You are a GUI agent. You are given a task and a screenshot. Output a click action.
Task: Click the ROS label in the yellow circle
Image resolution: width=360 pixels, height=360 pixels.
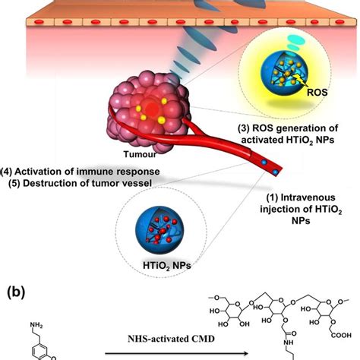tap(317, 92)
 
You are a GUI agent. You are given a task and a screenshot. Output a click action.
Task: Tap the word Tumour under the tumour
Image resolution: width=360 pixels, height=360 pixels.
tap(140, 154)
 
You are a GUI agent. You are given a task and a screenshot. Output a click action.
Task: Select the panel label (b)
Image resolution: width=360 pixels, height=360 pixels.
tap(17, 292)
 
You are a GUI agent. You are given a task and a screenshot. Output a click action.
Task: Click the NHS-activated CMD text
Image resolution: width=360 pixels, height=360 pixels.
tap(172, 339)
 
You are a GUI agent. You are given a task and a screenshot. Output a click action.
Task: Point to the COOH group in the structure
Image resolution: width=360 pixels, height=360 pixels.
tap(341, 335)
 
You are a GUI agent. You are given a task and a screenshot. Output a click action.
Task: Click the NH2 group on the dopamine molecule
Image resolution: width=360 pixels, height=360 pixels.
tap(36, 325)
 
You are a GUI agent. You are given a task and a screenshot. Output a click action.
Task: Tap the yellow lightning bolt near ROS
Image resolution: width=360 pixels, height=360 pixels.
tap(299, 82)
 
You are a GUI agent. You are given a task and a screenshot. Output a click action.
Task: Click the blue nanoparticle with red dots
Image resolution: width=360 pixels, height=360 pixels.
tap(159, 231)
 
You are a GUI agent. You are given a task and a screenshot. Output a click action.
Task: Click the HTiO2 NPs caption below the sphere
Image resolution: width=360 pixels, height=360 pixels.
tap(167, 266)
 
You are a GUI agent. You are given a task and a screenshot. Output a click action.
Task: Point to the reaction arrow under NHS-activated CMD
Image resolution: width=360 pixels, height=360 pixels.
tap(176, 354)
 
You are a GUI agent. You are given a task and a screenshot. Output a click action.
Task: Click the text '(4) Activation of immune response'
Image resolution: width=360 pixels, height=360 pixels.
tap(81, 172)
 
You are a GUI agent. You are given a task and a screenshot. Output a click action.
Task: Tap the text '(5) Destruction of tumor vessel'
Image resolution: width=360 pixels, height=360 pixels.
tap(80, 183)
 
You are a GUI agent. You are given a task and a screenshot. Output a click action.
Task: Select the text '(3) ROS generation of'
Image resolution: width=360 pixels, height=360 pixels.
tap(288, 128)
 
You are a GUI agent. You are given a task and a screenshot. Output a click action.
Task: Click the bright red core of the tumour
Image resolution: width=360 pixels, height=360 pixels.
tap(151, 108)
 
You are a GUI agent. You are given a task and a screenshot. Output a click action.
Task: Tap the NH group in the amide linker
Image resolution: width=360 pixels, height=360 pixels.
tap(289, 343)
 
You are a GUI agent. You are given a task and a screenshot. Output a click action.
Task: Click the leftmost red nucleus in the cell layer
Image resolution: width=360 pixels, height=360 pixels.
tap(39, 22)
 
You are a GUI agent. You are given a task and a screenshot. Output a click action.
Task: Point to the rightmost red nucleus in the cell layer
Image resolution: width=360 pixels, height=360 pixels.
tap(339, 22)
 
